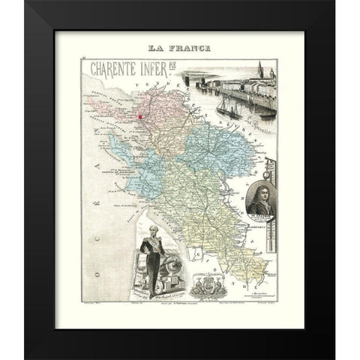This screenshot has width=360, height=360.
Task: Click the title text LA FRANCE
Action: coord(179,48)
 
